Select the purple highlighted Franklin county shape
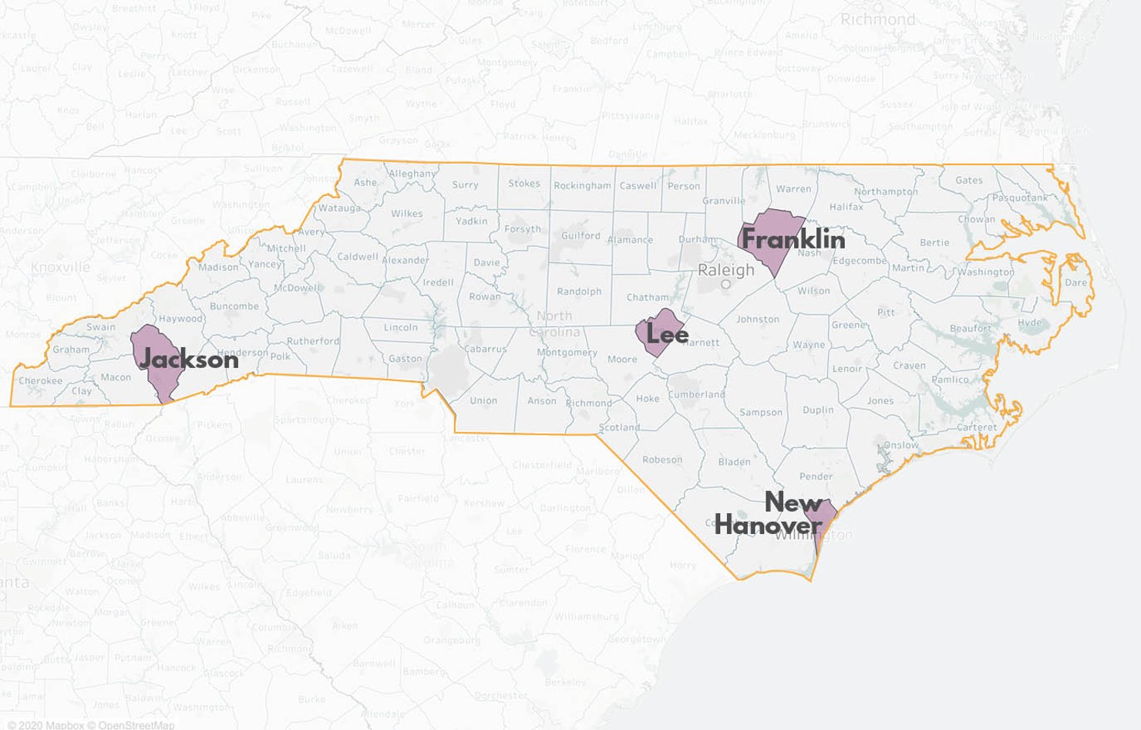(771, 239)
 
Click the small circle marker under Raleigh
(725, 285)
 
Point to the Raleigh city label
(725, 270)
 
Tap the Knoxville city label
(60, 267)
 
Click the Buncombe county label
(234, 306)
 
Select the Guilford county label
(581, 235)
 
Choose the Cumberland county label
(697, 394)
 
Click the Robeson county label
(662, 460)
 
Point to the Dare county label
(1075, 282)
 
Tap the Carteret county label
(977, 427)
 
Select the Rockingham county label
(582, 185)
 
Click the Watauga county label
(339, 208)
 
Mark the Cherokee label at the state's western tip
(40, 380)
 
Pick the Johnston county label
(757, 319)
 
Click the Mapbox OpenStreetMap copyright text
(91, 725)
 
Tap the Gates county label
(969, 181)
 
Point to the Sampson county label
(761, 412)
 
